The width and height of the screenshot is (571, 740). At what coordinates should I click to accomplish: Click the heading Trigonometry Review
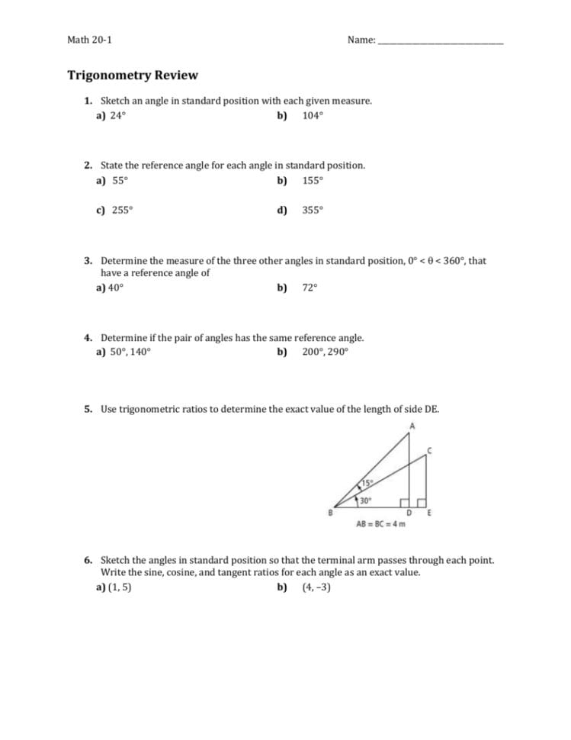[x=133, y=75]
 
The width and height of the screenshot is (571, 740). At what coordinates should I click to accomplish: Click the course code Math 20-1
[x=89, y=40]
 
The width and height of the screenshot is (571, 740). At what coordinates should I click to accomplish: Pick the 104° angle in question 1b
[x=313, y=116]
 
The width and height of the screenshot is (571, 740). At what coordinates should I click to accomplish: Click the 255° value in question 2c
[x=122, y=211]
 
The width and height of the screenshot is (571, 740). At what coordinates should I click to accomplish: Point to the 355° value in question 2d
[x=313, y=211]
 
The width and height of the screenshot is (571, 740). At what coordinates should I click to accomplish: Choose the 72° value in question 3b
[x=310, y=288]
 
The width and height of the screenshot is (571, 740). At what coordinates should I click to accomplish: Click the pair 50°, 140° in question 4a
[x=130, y=352]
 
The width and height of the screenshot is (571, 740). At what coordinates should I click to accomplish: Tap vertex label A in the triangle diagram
[x=412, y=425]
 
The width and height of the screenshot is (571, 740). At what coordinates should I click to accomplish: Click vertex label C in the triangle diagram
[x=430, y=451]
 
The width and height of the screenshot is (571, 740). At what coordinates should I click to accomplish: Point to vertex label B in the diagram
[x=329, y=513]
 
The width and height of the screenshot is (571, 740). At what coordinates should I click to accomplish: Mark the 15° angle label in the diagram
[x=367, y=484]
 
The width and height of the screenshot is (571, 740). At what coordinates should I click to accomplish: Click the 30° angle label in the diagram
[x=365, y=501]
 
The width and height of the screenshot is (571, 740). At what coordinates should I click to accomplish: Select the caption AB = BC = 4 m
[x=380, y=524]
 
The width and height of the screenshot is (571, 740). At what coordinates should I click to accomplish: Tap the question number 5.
[x=88, y=409]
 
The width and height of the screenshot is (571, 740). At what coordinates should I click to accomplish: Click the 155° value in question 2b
[x=313, y=181]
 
